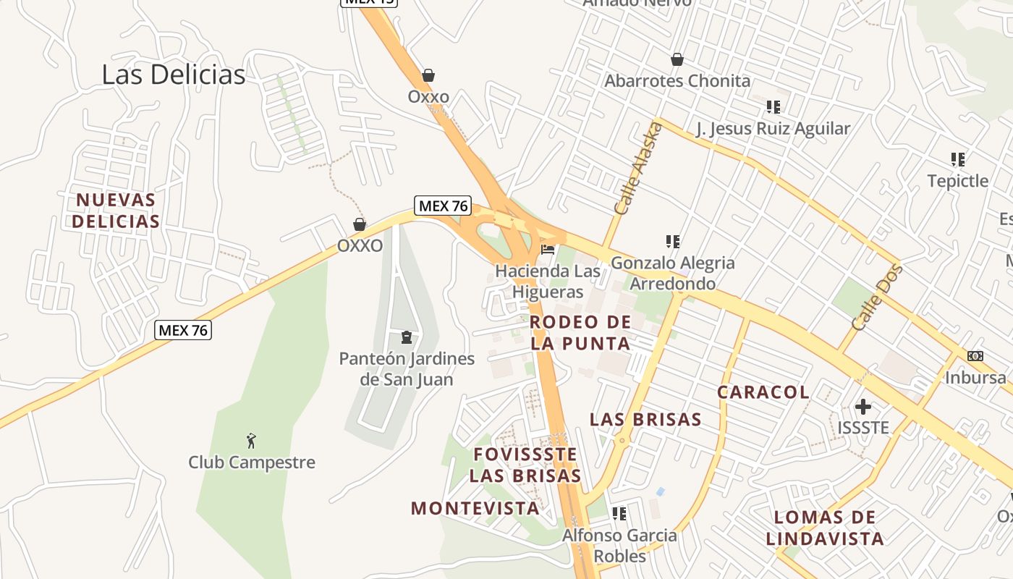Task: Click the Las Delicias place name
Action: coord(174,75)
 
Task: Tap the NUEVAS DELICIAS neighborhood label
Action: coord(116,210)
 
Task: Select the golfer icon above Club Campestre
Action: coord(251,440)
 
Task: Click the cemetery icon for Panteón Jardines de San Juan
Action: coord(407,337)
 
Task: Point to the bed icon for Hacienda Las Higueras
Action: coord(548,250)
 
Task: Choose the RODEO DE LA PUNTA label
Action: coord(580,332)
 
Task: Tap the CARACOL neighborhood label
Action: coord(763,392)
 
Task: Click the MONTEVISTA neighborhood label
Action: coord(475,508)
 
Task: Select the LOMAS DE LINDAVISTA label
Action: coord(825,528)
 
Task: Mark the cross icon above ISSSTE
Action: coord(862,407)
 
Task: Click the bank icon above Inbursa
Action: coord(975,356)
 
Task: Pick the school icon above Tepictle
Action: coord(958,159)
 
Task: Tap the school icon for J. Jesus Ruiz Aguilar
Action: coord(773,107)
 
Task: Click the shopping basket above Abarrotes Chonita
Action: coord(677,59)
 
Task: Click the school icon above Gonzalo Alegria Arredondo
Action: coord(673,241)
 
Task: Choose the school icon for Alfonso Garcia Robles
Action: coord(619,514)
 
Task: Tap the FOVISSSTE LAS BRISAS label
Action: coord(525,465)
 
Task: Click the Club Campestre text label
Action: coord(252,462)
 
